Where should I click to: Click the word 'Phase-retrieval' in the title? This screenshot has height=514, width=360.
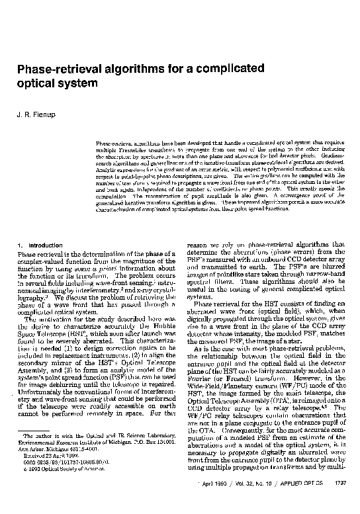[60, 69]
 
